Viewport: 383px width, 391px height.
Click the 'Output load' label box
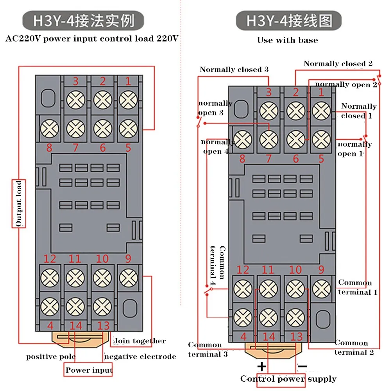(19, 203)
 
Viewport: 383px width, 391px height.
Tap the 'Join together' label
(140, 341)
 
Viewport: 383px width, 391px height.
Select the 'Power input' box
(88, 370)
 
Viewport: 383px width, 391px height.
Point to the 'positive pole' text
(51, 357)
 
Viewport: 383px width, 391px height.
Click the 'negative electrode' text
(140, 357)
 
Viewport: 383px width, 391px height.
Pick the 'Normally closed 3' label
(234, 69)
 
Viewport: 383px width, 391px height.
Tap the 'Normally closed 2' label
(338, 64)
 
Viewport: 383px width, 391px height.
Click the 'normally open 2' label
(346, 84)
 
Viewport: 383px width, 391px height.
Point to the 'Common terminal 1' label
(358, 287)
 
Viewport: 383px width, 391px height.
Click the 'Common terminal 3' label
(208, 349)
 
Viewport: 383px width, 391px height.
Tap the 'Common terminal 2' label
(354, 347)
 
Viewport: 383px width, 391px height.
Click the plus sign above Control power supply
(261, 367)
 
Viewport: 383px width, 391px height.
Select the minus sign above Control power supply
(302, 366)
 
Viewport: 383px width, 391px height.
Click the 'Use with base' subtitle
(287, 40)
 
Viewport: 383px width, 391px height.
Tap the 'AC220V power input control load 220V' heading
(92, 38)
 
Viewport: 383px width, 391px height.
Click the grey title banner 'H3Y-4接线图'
(288, 20)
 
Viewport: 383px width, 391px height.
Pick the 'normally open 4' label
(218, 147)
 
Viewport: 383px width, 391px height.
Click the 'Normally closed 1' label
(359, 111)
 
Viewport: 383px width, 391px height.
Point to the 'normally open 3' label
(215, 108)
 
